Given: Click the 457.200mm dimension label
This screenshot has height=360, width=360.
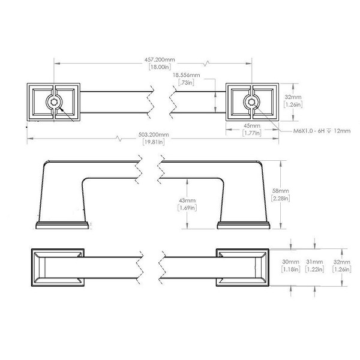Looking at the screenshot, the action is click(x=160, y=59).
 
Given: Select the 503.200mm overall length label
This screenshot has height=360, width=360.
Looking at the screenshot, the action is click(x=154, y=134).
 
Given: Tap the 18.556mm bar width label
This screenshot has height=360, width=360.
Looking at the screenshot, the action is click(x=187, y=75).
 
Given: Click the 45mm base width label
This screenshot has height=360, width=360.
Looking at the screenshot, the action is click(x=252, y=125).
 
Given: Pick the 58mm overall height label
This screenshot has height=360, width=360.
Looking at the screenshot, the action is click(x=280, y=191).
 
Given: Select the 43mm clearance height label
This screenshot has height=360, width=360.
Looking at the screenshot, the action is click(x=187, y=200).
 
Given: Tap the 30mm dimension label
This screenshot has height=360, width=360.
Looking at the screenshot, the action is click(x=290, y=262).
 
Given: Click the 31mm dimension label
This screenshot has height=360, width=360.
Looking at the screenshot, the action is click(x=314, y=262).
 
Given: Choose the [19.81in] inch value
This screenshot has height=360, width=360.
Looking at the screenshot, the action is click(x=154, y=142).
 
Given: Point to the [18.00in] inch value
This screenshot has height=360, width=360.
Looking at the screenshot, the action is click(x=160, y=67).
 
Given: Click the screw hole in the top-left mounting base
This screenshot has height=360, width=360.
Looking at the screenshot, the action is click(x=54, y=102).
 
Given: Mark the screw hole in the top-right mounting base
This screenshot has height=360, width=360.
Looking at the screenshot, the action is click(x=251, y=102).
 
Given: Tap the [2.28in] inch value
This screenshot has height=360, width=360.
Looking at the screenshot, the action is click(x=280, y=198).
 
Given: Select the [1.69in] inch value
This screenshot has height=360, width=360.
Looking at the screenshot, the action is click(x=187, y=208).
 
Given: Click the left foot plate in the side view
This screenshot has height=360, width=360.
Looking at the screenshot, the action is click(x=62, y=226).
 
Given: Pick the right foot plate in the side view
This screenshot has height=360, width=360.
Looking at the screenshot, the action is click(x=244, y=226).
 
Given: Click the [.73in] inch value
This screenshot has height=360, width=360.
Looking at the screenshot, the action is click(x=187, y=82).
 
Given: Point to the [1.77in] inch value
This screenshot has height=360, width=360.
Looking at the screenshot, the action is click(x=252, y=133).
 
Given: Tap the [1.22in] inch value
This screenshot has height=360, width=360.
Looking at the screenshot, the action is click(x=314, y=269).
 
